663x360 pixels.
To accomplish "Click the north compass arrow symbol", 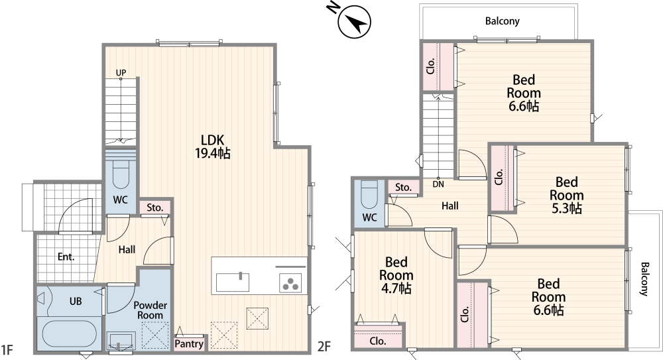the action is click(354, 21).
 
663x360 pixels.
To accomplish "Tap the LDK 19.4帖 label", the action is click(212, 147).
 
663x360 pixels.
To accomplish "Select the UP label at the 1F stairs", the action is click(121, 73).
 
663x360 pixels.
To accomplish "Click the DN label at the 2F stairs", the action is click(438, 184).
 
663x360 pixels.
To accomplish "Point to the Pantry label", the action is click(189, 343).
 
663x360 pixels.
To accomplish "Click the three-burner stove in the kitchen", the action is click(290, 283).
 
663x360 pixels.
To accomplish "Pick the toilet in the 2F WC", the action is click(369, 195).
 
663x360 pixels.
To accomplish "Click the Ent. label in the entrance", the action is click(66, 257).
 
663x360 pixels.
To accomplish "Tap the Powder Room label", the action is click(150, 310).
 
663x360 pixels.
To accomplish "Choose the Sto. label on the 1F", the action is click(155, 208).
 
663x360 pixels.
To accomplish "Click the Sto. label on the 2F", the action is click(403, 188).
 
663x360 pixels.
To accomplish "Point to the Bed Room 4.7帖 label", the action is click(396, 275).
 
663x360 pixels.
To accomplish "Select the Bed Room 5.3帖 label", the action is click(567, 195).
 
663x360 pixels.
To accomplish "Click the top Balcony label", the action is click(503, 21).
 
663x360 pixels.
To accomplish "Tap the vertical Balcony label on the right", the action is click(644, 279).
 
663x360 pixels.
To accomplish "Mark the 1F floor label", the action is click(7, 350).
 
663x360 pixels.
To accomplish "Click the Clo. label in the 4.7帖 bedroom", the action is click(378, 341).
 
